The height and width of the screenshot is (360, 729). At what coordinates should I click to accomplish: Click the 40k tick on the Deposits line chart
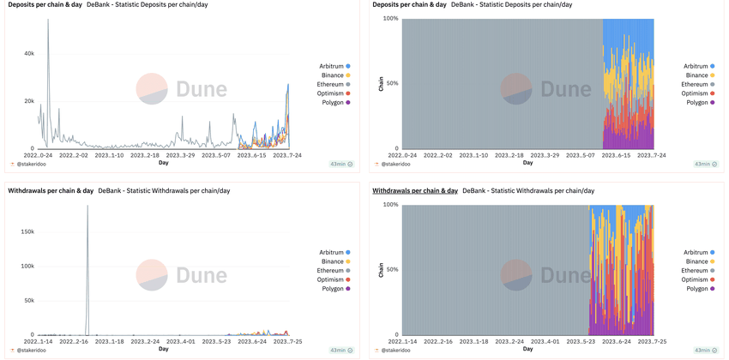[x=28, y=53]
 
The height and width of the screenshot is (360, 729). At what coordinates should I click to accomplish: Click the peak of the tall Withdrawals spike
[x=87, y=206]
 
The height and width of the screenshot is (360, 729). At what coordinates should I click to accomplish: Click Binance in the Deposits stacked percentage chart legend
[x=696, y=75]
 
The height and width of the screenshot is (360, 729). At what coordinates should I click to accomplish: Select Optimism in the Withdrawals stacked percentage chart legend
[x=696, y=279]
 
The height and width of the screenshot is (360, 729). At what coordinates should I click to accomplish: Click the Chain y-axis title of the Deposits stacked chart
[x=381, y=83]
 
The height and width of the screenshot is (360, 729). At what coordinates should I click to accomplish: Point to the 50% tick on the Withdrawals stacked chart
[x=392, y=270]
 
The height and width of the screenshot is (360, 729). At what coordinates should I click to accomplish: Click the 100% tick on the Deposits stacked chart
[x=390, y=18]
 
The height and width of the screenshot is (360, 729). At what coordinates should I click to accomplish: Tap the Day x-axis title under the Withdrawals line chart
[x=163, y=349]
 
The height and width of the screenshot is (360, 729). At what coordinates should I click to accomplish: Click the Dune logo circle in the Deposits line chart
[x=152, y=88]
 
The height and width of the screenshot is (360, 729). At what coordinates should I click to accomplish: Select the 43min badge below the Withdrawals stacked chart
[x=702, y=350]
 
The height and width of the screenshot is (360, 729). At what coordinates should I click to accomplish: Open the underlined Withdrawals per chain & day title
[x=415, y=190]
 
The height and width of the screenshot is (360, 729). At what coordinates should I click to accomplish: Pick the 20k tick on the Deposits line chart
[x=28, y=101]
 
